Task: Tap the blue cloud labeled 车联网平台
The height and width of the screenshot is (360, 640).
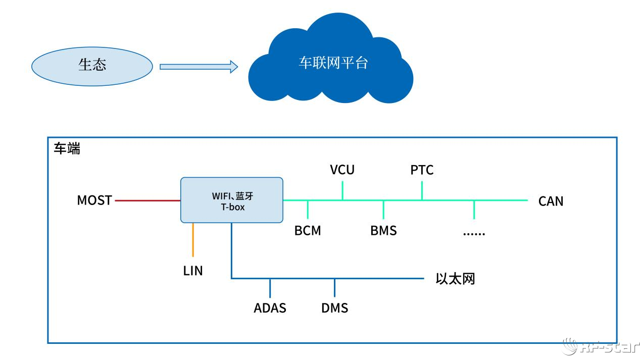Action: [331, 63]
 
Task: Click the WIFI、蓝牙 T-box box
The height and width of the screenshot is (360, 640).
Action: [232, 200]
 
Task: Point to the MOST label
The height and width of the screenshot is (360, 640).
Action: [94, 200]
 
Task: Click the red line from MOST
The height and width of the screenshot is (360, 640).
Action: [147, 200]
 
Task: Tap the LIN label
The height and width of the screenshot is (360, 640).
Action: [193, 271]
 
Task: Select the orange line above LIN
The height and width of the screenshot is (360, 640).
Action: [193, 240]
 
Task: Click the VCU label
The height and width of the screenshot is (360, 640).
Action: [342, 170]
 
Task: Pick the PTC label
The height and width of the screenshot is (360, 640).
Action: [422, 170]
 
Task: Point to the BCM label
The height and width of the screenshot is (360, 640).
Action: [308, 231]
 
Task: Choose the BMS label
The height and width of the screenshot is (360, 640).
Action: [383, 231]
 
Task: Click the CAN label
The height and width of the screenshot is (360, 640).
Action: [551, 201]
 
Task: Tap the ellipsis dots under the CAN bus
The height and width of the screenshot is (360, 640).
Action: [474, 233]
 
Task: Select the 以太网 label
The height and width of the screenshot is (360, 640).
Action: [455, 279]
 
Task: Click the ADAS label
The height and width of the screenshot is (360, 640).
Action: [270, 308]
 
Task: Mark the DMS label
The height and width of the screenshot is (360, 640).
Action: [334, 308]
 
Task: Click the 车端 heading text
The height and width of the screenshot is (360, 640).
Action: [67, 149]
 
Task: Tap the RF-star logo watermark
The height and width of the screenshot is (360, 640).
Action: [601, 346]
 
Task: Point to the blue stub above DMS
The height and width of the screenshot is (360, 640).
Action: [334, 288]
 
